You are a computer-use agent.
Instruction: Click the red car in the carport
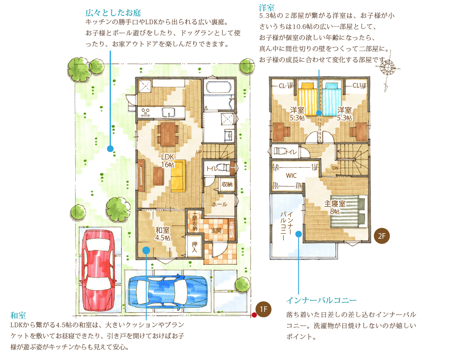98,271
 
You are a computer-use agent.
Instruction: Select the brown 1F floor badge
263,309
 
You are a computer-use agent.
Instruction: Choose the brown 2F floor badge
382,236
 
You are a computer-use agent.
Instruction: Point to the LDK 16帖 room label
168,160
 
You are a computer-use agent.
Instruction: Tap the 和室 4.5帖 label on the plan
163,234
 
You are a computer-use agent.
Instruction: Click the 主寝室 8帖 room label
335,208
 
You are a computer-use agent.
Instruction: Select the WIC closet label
291,175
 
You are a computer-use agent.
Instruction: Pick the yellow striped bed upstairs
308,98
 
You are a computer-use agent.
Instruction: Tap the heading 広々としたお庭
113,12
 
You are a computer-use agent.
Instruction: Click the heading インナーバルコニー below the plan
322,300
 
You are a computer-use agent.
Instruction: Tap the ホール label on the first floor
220,205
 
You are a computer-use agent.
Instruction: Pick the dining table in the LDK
168,134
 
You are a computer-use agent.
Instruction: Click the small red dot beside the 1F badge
254,315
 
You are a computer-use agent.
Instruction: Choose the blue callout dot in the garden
110,149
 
